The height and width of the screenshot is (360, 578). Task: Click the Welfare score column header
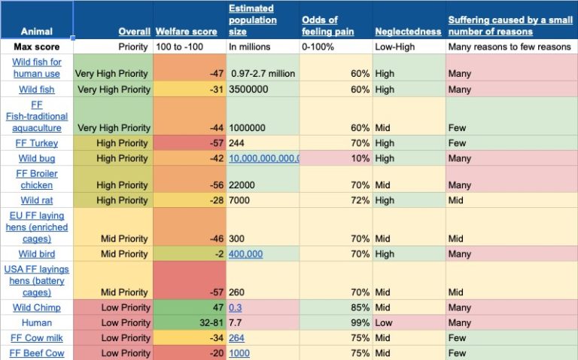pos(186,32)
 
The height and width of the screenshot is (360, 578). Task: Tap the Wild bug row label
pos(37,158)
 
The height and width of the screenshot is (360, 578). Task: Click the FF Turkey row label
pos(37,143)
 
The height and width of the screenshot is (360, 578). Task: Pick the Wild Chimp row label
pos(37,307)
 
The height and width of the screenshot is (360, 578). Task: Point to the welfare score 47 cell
pos(214,307)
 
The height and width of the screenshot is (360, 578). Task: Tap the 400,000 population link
pos(246,254)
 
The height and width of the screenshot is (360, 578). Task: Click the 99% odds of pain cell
pos(357,322)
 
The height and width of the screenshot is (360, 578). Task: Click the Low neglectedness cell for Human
pos(385,322)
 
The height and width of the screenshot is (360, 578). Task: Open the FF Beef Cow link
pos(37,353)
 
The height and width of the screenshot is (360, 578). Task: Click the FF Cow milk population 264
pos(237,338)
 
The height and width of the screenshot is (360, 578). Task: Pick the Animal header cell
pos(37,32)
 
